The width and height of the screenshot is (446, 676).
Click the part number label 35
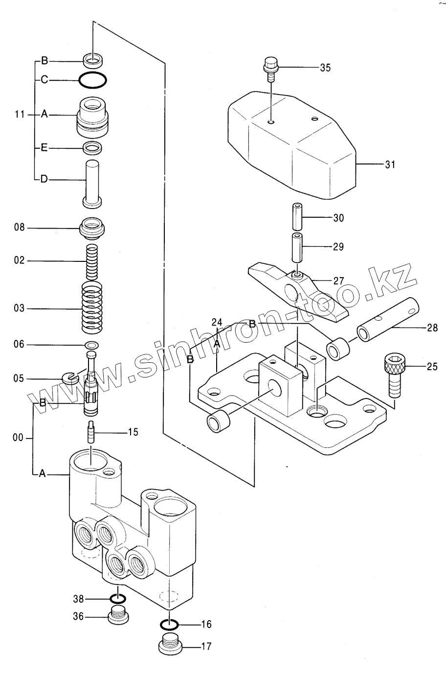(x=325, y=68)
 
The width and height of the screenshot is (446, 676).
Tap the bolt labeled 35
(x=271, y=69)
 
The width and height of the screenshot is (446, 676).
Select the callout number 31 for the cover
(x=390, y=164)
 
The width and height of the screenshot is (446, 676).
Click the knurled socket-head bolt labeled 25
(x=395, y=376)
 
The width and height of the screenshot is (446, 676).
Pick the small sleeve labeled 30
(x=297, y=217)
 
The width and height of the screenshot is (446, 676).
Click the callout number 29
(x=338, y=247)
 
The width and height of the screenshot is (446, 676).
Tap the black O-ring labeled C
(x=92, y=80)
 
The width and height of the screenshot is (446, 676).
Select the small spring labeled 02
(x=92, y=262)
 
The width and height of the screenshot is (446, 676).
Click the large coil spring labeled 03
(x=92, y=307)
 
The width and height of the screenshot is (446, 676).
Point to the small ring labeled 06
(x=92, y=345)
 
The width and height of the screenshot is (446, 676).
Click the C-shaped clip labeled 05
(x=69, y=378)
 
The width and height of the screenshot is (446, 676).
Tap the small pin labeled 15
(x=91, y=432)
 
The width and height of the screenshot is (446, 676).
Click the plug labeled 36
(x=118, y=614)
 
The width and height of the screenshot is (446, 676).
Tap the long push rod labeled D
(x=92, y=184)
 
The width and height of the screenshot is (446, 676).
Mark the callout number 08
(x=19, y=227)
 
